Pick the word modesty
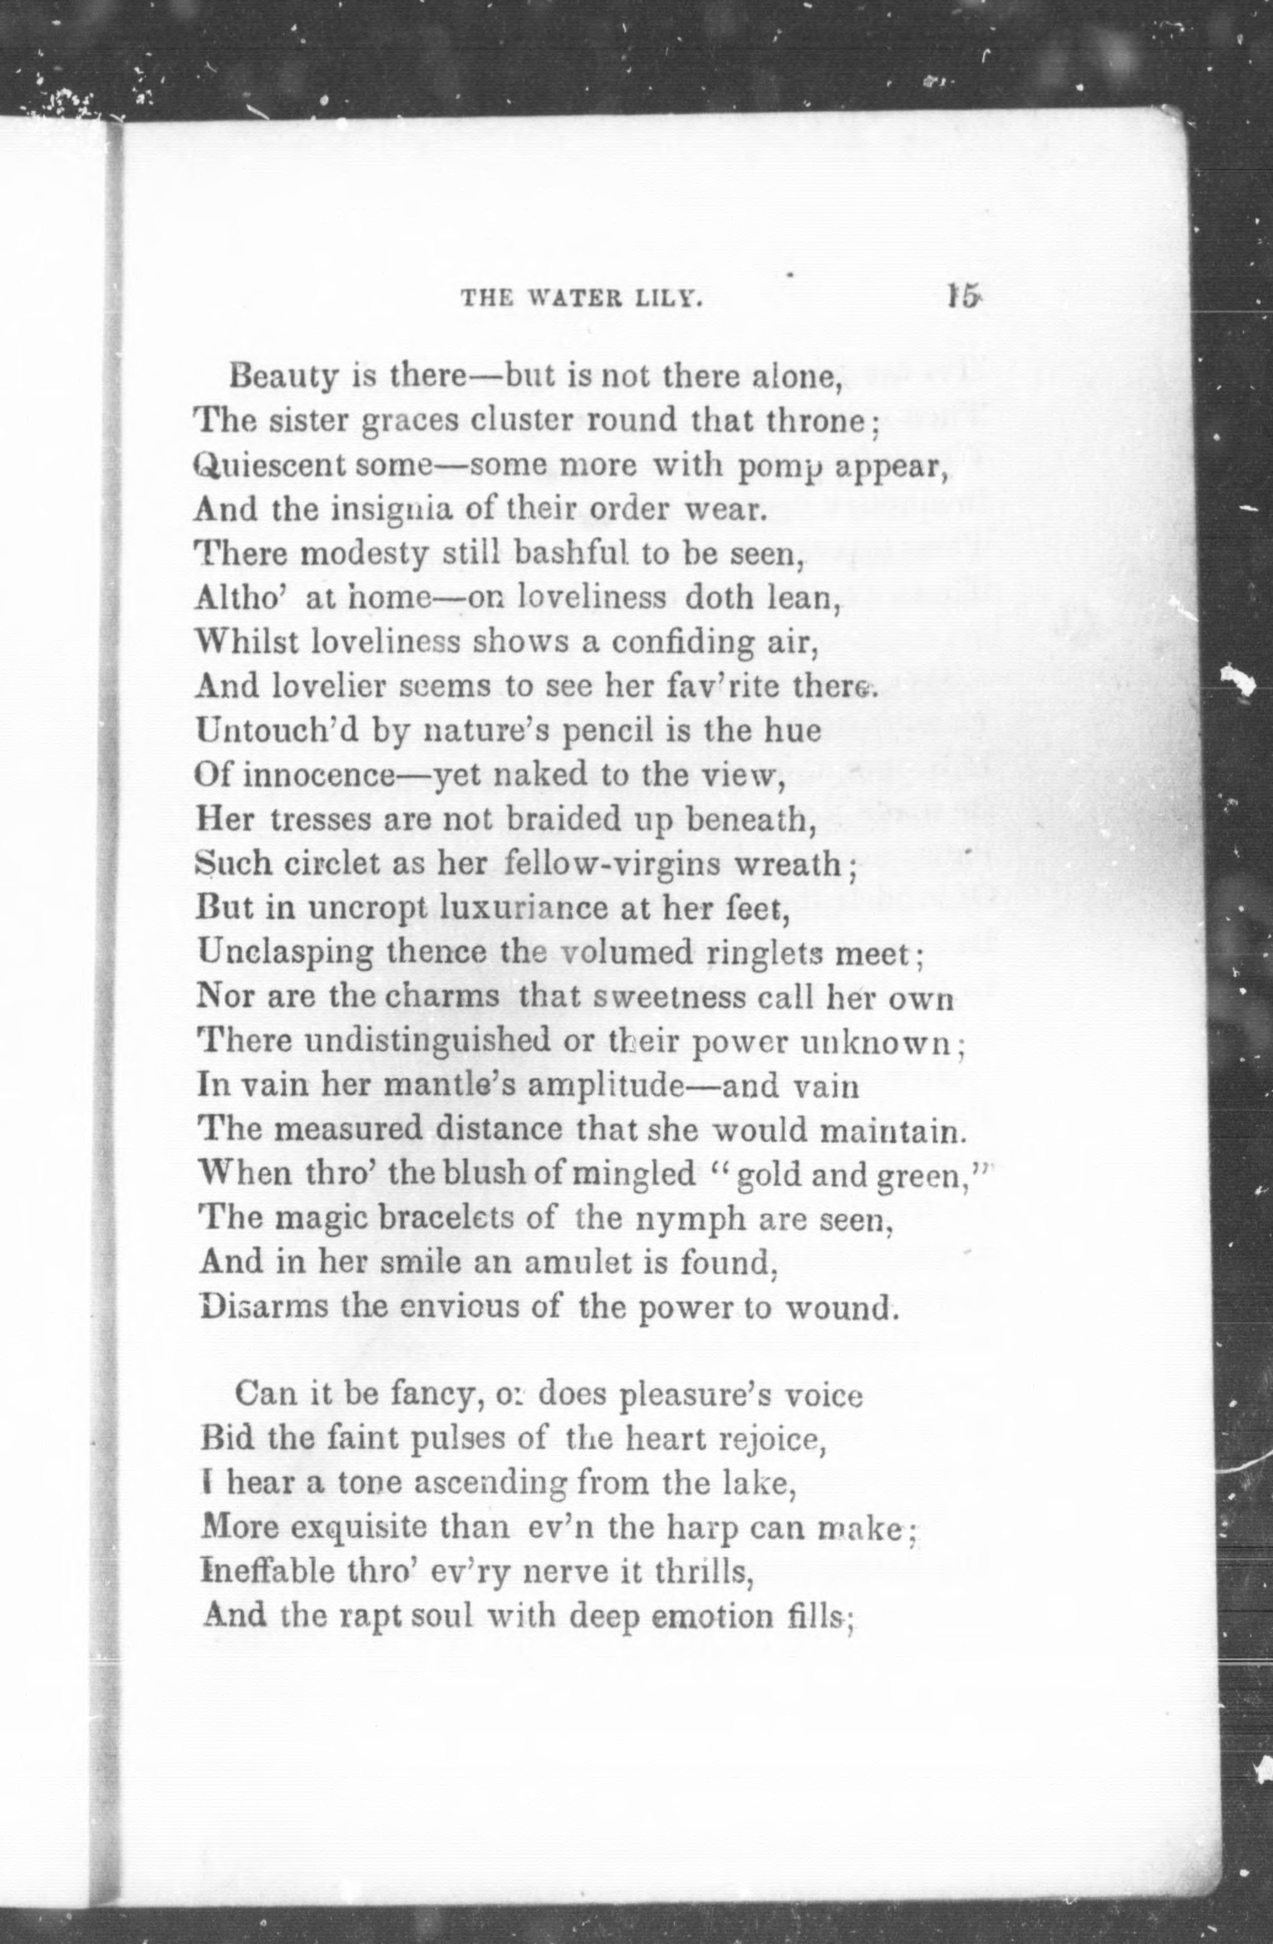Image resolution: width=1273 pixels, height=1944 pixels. (364, 556)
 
